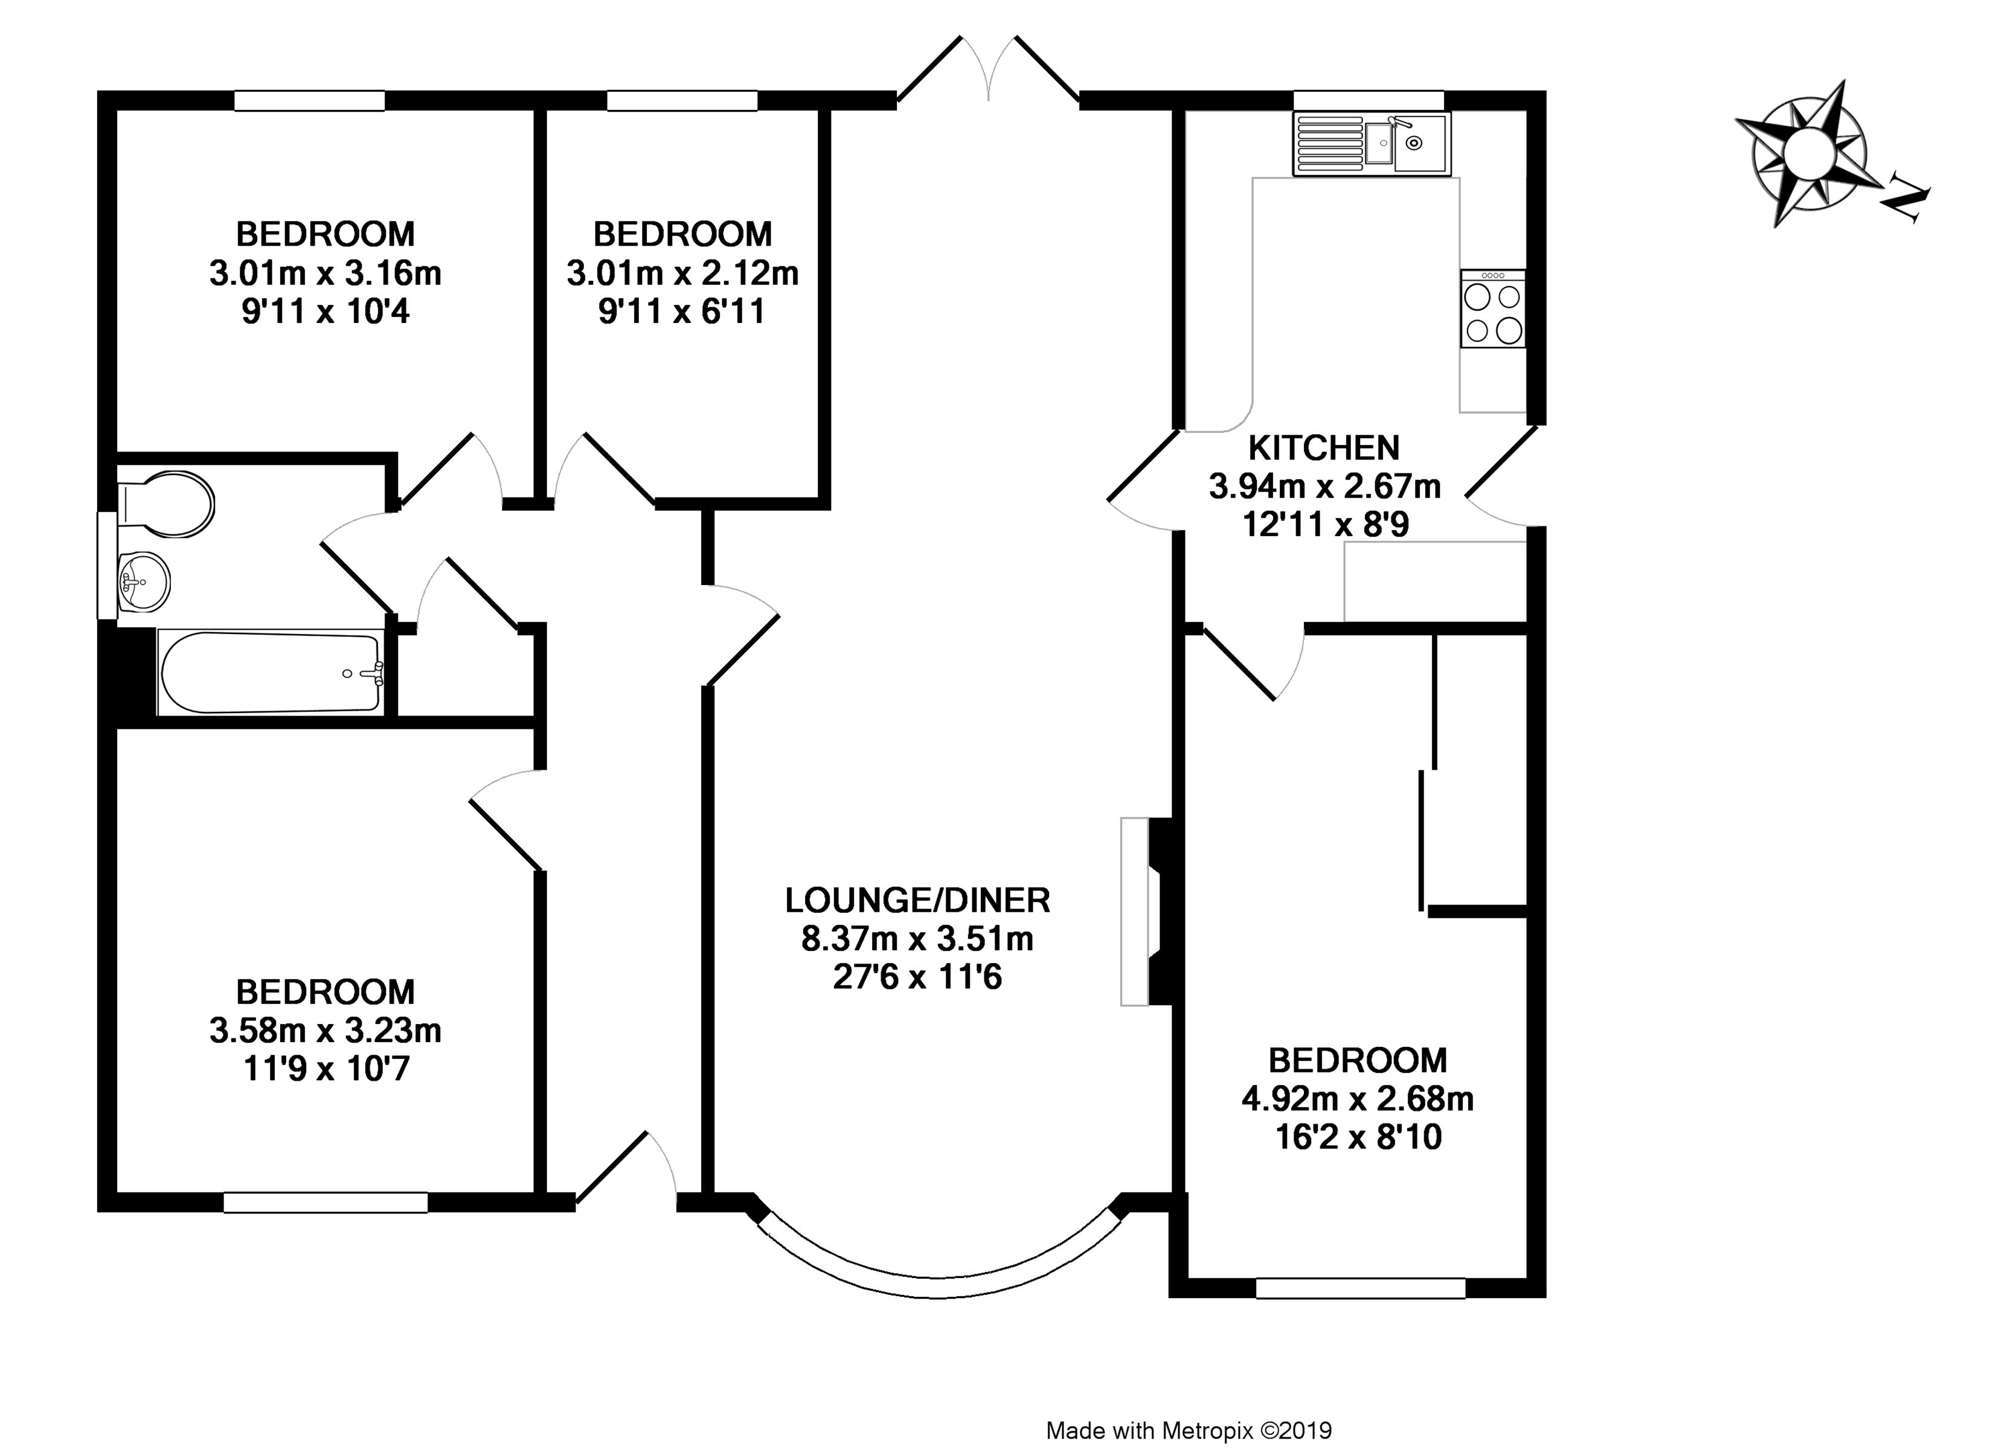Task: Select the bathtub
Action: [x=271, y=671]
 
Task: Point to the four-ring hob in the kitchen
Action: [x=1493, y=309]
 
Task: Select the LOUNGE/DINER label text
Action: [x=917, y=901]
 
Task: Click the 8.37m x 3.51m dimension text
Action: [x=917, y=939]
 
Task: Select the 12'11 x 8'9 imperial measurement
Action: [x=1325, y=525]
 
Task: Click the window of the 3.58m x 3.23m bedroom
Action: [x=325, y=1203]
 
